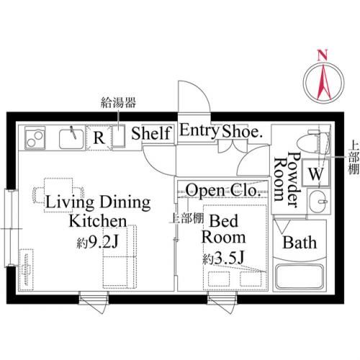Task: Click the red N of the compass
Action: pos(323,55)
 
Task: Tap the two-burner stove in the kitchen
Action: pos(35,138)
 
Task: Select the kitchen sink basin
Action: pos(71,139)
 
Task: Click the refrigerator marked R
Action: pos(99,138)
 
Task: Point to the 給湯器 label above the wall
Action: pos(118,102)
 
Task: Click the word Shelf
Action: pos(152,133)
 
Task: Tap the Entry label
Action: pos(199,131)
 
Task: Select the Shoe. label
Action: pos(242,132)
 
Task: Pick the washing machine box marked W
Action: pos(315,173)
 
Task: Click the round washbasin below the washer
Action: pos(318,201)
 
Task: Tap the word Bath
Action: pos(300,243)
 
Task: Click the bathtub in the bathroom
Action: pos(300,276)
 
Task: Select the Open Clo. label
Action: pos(223,190)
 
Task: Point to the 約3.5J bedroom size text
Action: pos(223,258)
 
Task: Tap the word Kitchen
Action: pos(98,221)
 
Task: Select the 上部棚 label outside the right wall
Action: pos(354,158)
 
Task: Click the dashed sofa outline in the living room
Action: pos(120,256)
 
